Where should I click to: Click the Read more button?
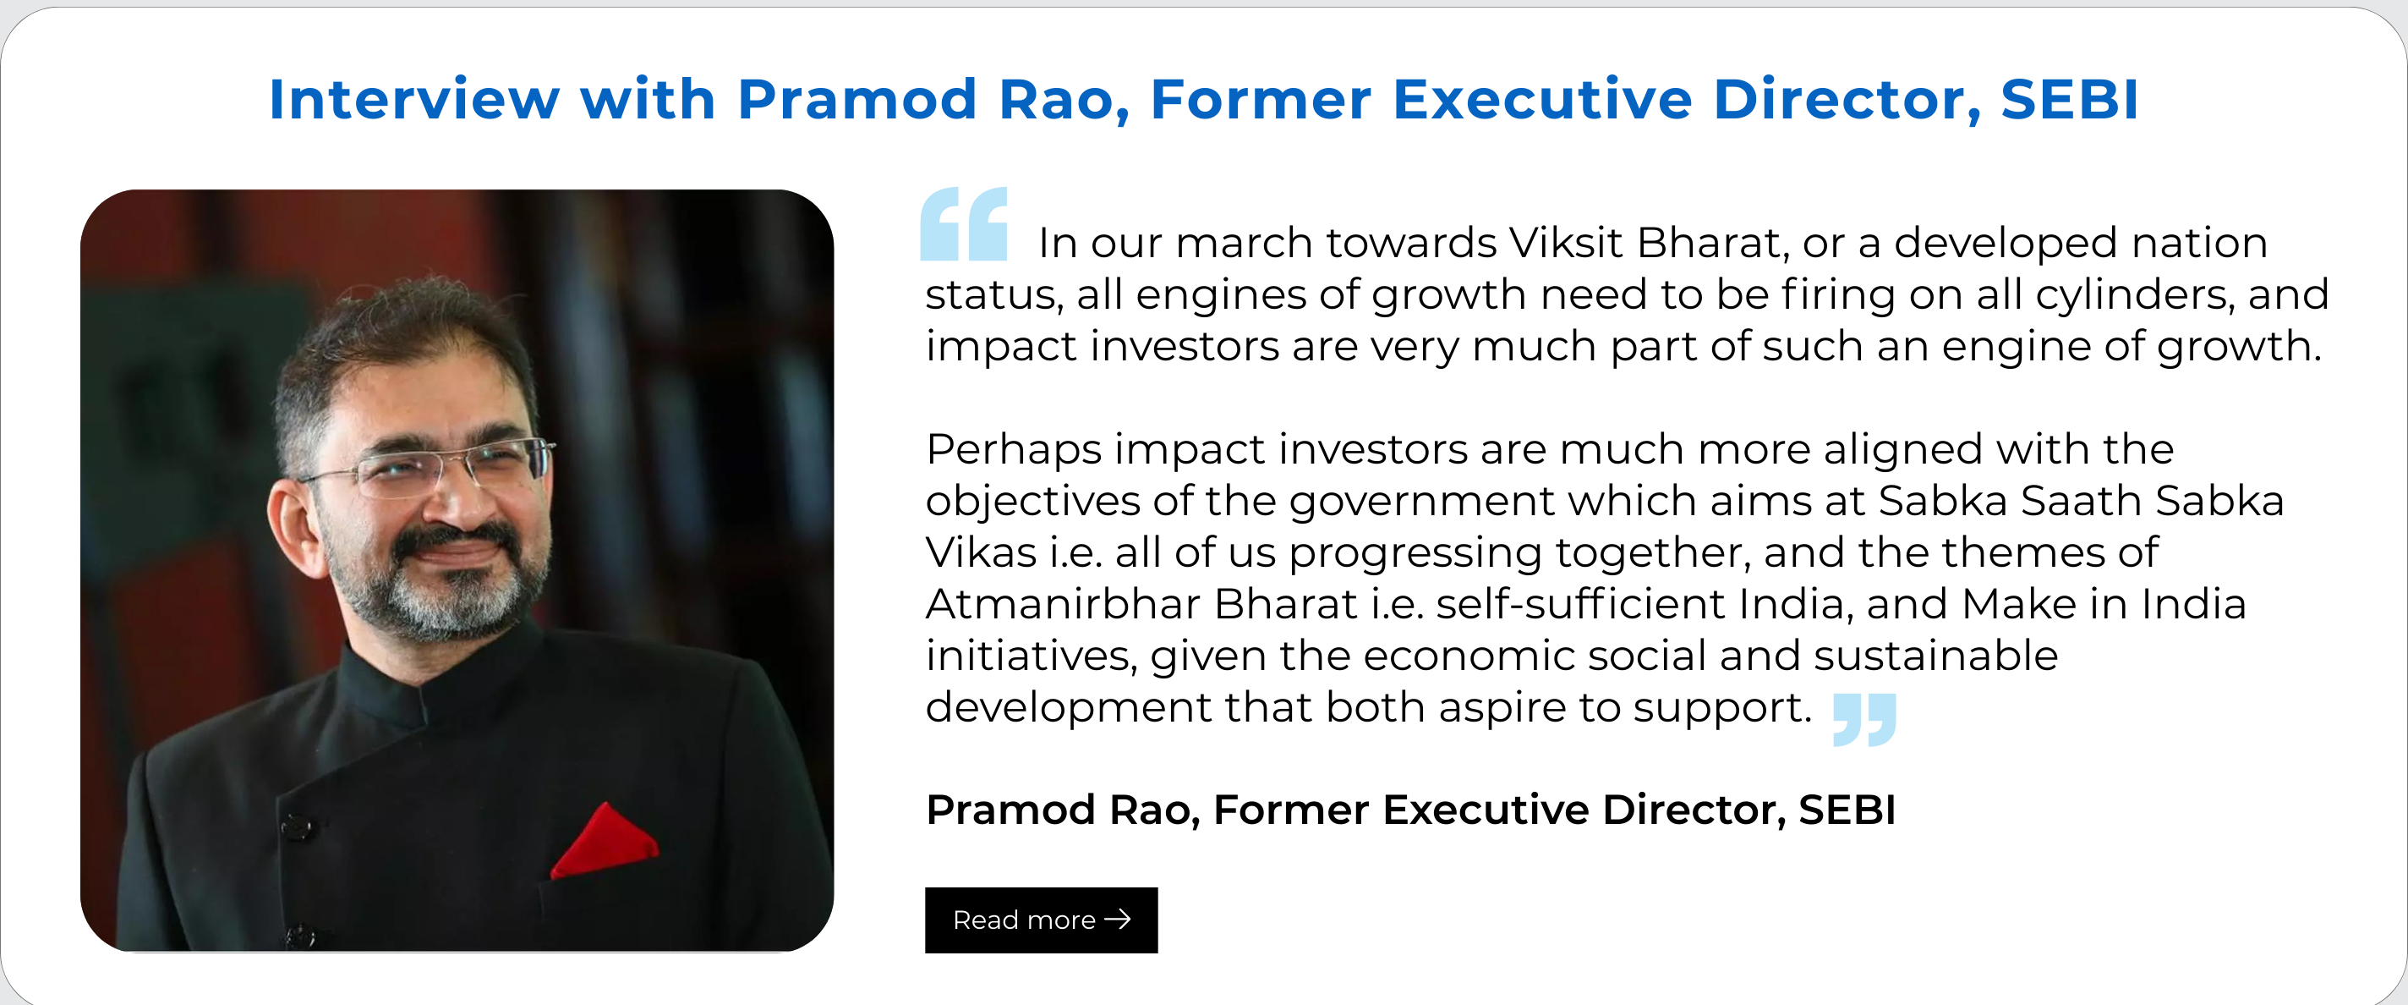pos(1041,920)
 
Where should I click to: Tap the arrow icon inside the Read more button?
pos(1118,920)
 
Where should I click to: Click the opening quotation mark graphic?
pos(964,223)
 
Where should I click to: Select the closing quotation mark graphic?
pos(1864,719)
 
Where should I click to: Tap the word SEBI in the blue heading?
pos(2069,99)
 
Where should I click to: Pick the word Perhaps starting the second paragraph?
pos(1015,451)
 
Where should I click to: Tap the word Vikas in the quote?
pos(981,552)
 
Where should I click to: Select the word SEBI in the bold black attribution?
pos(1847,810)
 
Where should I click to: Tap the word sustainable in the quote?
pos(1935,656)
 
